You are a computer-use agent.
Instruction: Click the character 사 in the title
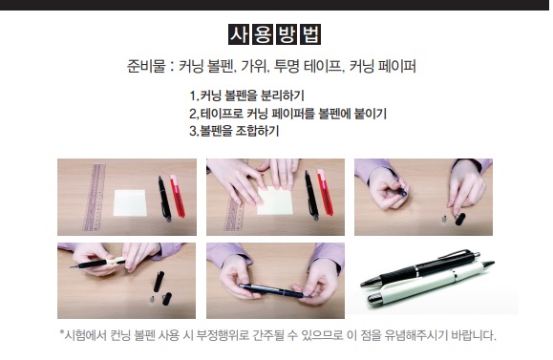239,34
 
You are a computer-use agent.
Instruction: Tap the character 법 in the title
310,34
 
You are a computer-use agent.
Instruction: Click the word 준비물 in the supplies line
146,66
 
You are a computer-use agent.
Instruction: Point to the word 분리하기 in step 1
283,95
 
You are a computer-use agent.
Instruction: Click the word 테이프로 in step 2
222,114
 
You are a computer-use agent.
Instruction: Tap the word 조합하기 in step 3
258,131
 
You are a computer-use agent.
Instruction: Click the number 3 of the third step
193,131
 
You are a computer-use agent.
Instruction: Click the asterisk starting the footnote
61,332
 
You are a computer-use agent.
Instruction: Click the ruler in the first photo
95,197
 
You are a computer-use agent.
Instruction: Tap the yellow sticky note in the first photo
130,202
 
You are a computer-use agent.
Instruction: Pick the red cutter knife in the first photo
178,196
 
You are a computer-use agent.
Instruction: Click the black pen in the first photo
164,199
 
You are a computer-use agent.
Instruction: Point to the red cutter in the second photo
325,192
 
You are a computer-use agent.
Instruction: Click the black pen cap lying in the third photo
460,219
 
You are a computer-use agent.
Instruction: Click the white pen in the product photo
431,285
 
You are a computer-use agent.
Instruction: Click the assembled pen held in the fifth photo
273,291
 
